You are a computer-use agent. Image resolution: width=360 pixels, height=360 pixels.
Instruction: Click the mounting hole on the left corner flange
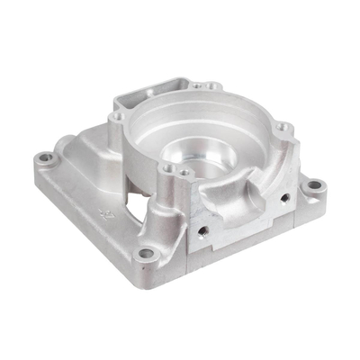coord(49,162)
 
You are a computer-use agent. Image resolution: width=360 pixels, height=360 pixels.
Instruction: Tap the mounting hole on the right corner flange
coord(314,189)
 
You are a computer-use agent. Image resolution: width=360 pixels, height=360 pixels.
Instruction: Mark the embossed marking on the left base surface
coord(102,213)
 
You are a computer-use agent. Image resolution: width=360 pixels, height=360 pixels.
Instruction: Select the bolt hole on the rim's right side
coord(281,126)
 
